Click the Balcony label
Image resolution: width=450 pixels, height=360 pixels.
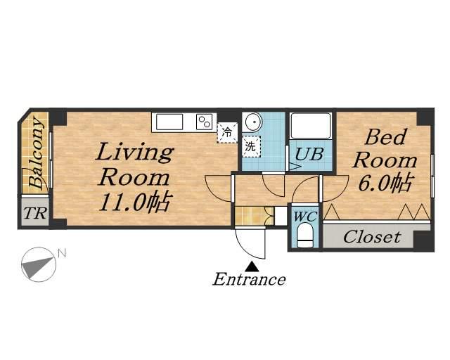coord(36,153)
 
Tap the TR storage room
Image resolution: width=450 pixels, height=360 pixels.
coord(35,212)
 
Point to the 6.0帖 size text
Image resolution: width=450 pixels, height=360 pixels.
coord(386,183)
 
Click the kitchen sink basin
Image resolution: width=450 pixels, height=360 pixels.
coord(169,122)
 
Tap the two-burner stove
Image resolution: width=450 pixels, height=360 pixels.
coord(204,122)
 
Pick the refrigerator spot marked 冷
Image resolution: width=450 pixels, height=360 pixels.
coord(227,133)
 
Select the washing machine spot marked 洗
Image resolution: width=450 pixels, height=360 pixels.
coord(251,146)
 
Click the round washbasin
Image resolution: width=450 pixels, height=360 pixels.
coord(254,122)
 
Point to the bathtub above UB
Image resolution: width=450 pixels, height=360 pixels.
coord(311,126)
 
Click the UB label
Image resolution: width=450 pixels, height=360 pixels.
coord(309,154)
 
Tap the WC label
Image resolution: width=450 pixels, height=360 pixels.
coord(304,216)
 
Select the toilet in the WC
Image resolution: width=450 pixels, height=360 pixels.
coord(304,235)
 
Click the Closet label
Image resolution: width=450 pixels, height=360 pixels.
coord(372,237)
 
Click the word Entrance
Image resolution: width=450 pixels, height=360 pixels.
coord(249,279)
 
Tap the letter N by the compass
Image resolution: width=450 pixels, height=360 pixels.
coord(62,253)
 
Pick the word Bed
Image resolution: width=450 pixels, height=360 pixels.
coord(386,137)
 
